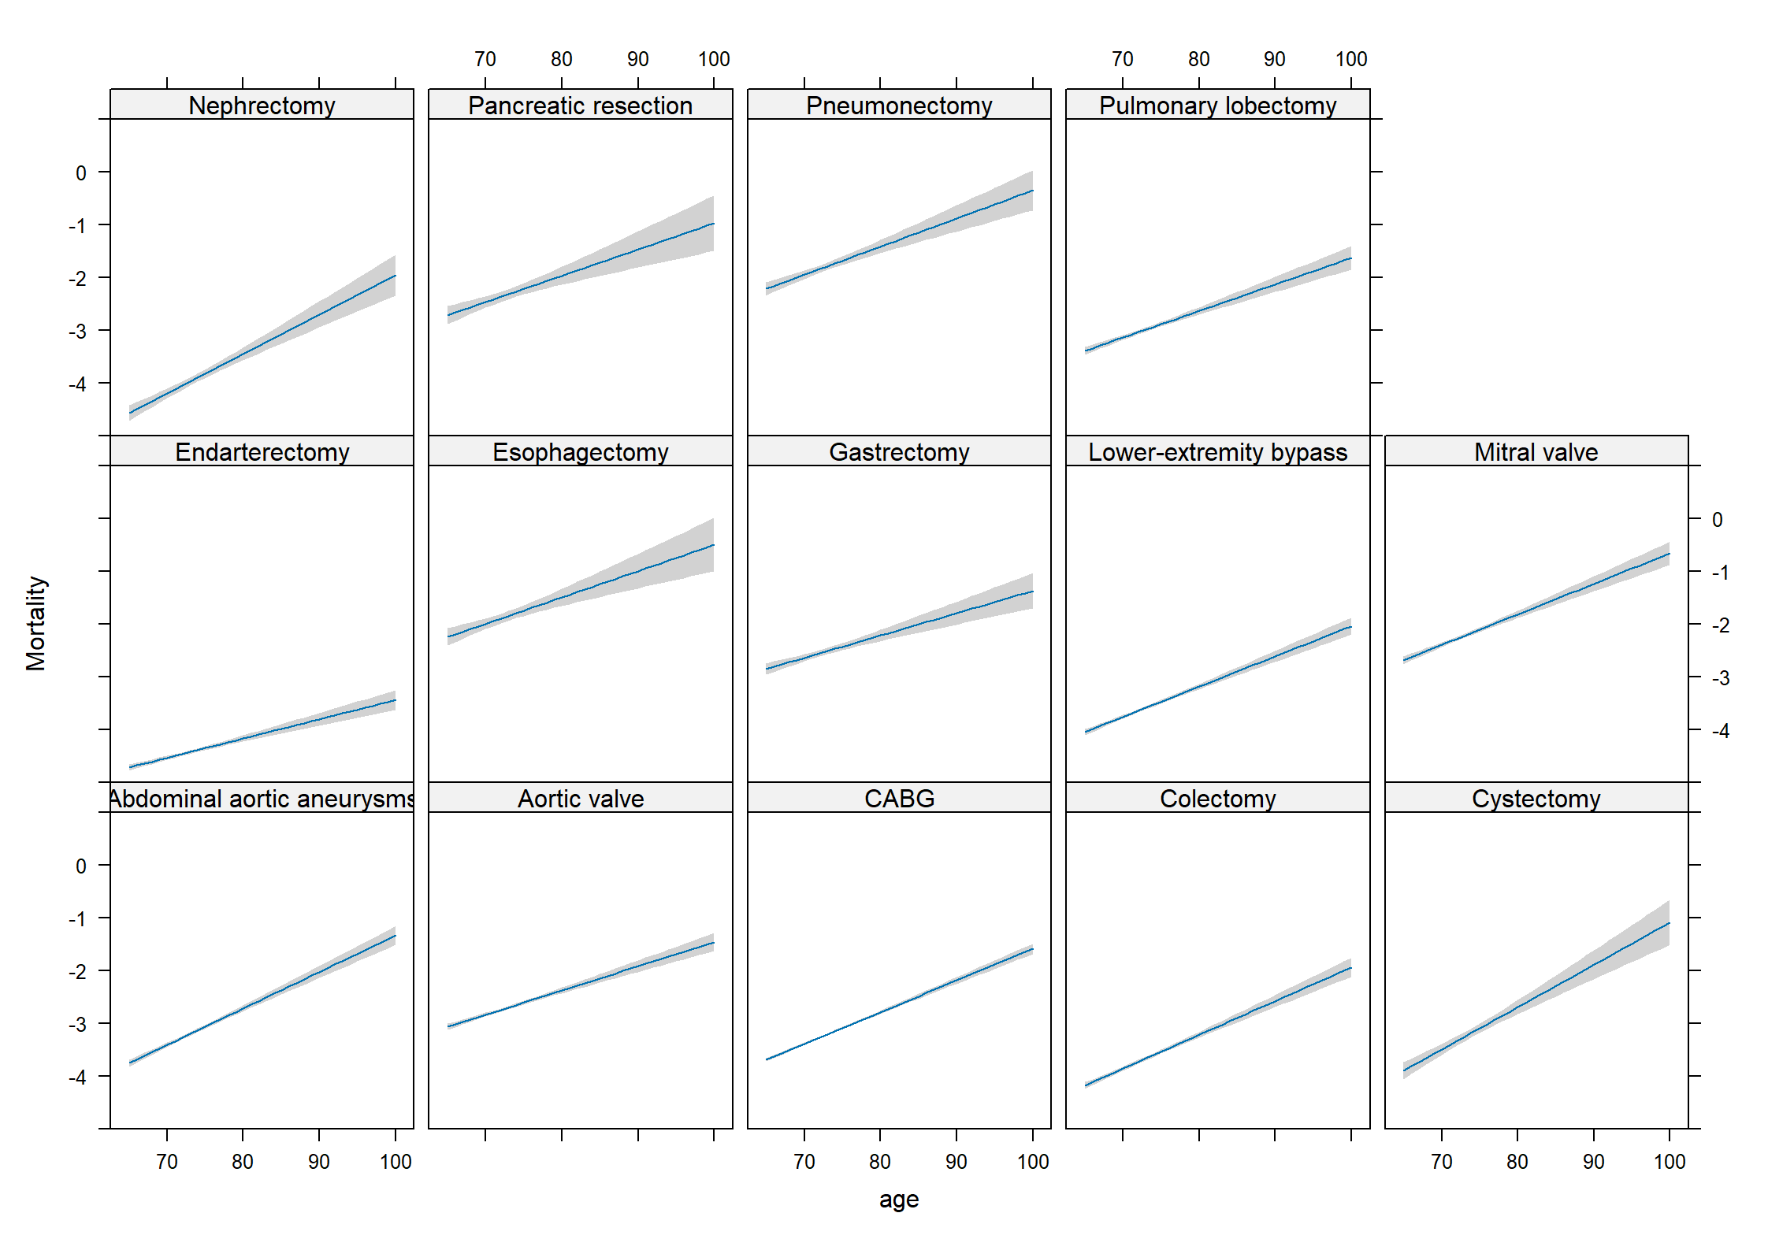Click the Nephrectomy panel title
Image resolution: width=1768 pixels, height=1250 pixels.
click(262, 106)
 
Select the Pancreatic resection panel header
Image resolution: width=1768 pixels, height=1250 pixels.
click(581, 106)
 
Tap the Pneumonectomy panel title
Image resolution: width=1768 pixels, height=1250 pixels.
click(899, 106)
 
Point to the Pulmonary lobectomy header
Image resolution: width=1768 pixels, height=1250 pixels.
click(1218, 106)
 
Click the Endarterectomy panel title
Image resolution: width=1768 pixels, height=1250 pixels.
click(262, 452)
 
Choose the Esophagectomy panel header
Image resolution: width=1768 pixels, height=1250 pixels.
click(581, 452)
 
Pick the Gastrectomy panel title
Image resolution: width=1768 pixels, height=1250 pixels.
click(899, 452)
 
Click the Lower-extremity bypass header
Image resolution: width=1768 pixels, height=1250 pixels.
click(1218, 452)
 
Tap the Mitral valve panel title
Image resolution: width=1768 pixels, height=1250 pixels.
click(1536, 452)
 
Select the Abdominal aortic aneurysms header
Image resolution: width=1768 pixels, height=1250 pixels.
click(262, 799)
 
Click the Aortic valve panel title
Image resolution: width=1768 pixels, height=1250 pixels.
click(581, 799)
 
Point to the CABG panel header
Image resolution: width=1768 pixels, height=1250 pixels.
click(899, 799)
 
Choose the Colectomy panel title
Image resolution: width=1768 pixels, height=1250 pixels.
click(1218, 799)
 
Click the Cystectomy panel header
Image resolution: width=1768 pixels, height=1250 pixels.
click(1536, 799)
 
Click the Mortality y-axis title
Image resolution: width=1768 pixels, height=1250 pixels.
click(35, 623)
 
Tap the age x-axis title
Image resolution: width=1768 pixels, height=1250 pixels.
click(899, 1200)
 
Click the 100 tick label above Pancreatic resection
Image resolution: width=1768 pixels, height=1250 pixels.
click(714, 59)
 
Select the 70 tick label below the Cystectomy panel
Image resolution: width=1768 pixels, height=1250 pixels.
click(1441, 1162)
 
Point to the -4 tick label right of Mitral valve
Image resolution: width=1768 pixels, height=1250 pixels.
click(1721, 731)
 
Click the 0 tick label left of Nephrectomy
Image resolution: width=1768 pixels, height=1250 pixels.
click(81, 173)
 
